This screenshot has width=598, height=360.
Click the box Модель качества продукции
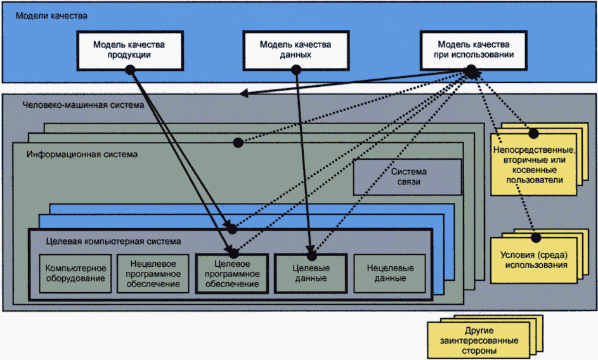pyautogui.click(x=130, y=49)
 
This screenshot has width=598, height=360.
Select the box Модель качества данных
pyautogui.click(x=295, y=49)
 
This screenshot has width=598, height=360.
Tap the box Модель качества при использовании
pyautogui.click(x=474, y=49)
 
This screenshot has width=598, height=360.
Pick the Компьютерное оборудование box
pyautogui.click(x=76, y=273)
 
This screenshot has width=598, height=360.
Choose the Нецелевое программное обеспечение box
pyautogui.click(x=152, y=273)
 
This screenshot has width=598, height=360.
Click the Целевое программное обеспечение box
pyautogui.click(x=231, y=273)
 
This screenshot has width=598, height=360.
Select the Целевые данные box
pyautogui.click(x=311, y=273)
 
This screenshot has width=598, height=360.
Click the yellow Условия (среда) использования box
pyautogui.click(x=536, y=260)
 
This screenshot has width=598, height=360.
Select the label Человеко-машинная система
pyautogui.click(x=83, y=105)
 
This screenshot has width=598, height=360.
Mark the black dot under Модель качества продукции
pyautogui.click(x=131, y=71)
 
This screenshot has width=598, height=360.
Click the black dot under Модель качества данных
pyautogui.click(x=296, y=71)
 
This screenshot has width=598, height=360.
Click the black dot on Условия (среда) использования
pyautogui.click(x=536, y=237)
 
